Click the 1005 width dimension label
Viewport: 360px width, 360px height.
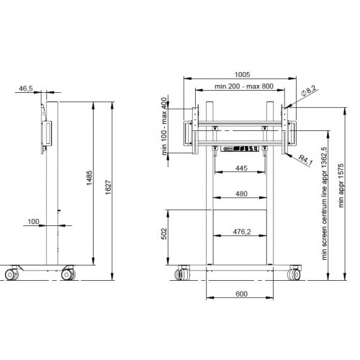242,75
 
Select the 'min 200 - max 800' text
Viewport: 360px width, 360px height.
244,86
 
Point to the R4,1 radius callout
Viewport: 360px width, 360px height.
305,160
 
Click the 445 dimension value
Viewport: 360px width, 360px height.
241,168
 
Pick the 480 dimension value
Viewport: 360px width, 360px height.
241,194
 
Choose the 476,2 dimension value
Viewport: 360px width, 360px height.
242,232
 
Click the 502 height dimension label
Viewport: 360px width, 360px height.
164,234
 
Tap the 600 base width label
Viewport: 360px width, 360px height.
241,294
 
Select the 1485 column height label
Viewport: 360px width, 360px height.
89,178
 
